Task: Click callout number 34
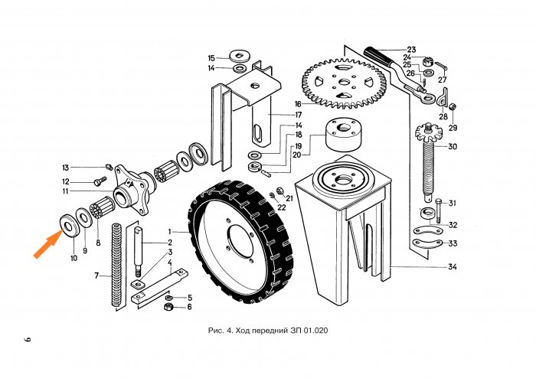click(452, 267)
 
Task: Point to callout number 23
click(411, 48)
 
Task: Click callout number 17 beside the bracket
click(299, 114)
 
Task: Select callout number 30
click(453, 146)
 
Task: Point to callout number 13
click(66, 168)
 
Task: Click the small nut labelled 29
click(453, 106)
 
